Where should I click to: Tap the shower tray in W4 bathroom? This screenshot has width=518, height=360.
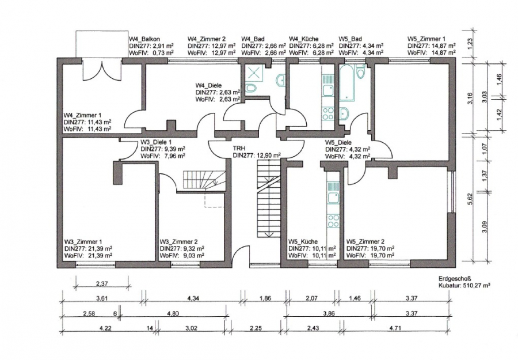pos(255,72)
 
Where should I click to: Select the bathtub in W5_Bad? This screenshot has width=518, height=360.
pos(346,82)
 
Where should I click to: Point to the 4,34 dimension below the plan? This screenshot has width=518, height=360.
pos(193,298)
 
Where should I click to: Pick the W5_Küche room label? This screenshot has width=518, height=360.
pos(303,242)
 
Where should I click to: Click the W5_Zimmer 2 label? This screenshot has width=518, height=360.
pos(365,242)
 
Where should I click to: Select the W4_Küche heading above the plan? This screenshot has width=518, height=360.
pos(303,39)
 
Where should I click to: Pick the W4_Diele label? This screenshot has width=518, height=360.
pos(208,86)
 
